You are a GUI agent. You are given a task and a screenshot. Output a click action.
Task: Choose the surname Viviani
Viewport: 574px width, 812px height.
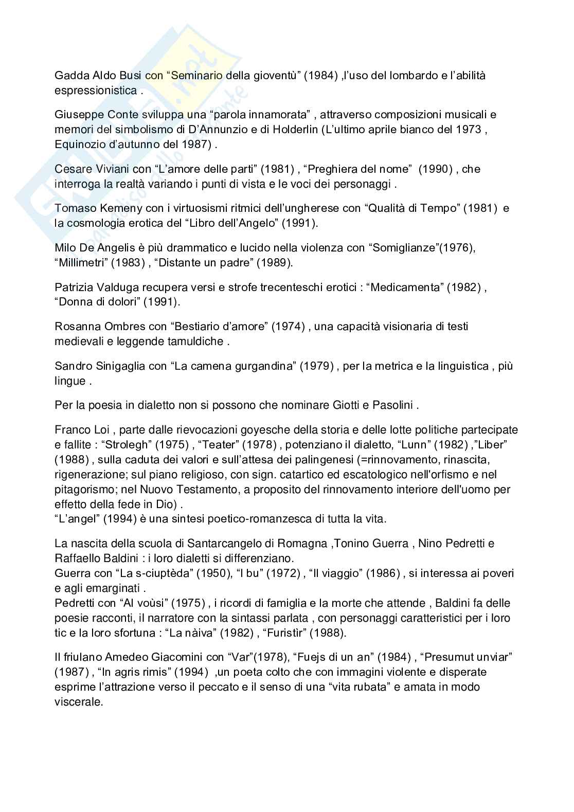tap(118, 169)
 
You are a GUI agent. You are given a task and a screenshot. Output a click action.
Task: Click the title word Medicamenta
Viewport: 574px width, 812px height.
tap(404, 287)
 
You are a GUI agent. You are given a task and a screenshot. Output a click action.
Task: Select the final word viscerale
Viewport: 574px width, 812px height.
tap(79, 701)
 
